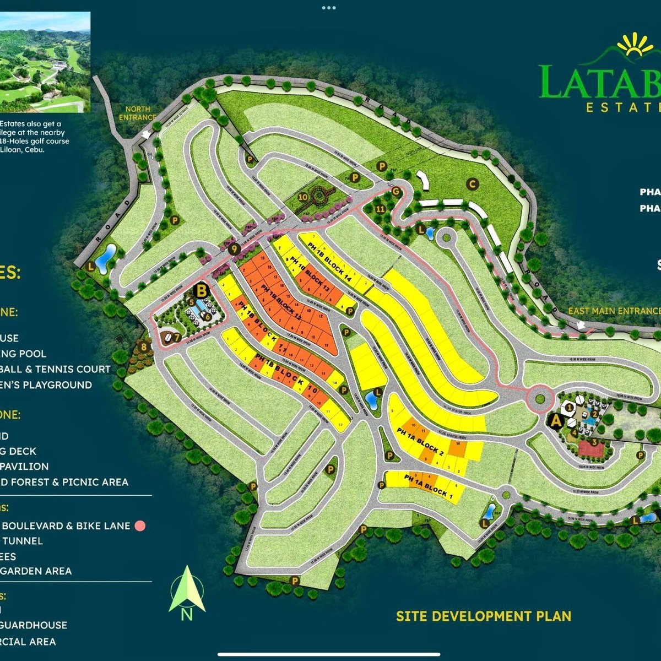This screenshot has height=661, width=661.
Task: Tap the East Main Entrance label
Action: pyautogui.click(x=614, y=311)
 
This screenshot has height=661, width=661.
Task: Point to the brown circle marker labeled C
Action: pyautogui.click(x=472, y=185)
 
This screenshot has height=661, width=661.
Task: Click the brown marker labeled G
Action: pyautogui.click(x=395, y=191)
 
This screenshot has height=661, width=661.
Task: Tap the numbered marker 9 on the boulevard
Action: pyautogui.click(x=235, y=249)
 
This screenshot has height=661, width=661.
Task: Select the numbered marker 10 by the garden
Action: pyautogui.click(x=302, y=197)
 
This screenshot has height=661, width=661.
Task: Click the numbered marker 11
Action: pyautogui.click(x=380, y=209)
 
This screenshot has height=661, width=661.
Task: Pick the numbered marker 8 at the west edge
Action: pyautogui.click(x=144, y=346)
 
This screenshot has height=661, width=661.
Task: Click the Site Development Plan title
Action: pyautogui.click(x=483, y=616)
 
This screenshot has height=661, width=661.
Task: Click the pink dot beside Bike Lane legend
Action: pyautogui.click(x=140, y=525)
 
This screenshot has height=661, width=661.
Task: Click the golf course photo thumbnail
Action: pyautogui.click(x=45, y=62)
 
